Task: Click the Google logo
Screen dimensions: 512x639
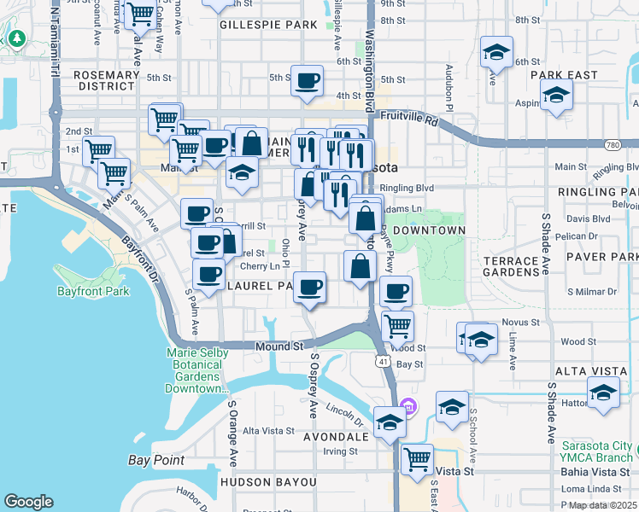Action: (29, 502)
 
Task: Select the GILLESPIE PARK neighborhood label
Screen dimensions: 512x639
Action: (268, 26)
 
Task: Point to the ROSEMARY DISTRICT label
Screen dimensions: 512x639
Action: (107, 81)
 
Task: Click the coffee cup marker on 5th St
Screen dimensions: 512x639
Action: (308, 82)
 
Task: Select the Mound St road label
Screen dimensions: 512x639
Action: (279, 346)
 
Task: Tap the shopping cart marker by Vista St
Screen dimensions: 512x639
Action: (418, 459)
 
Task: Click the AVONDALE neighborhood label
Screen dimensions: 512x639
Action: (336, 436)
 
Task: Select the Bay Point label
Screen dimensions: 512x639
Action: (156, 460)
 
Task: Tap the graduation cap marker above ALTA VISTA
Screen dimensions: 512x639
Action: (604, 394)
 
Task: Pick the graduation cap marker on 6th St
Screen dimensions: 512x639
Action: (495, 53)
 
